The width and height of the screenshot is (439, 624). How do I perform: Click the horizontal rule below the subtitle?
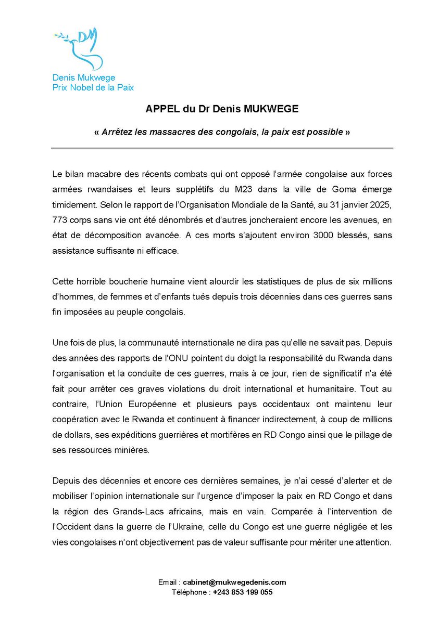(x=221, y=148)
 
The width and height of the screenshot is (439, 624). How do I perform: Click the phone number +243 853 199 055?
(x=242, y=592)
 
